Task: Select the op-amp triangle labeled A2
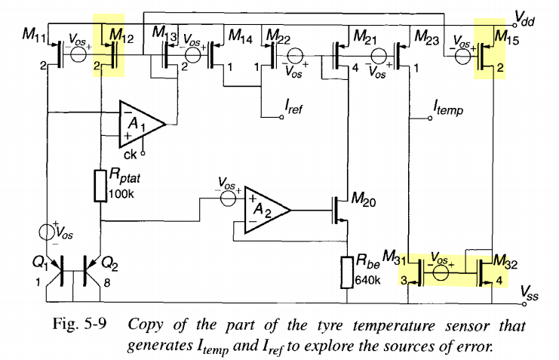[x=265, y=208]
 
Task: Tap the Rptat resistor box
[x=101, y=186]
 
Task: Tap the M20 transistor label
[x=364, y=198]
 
